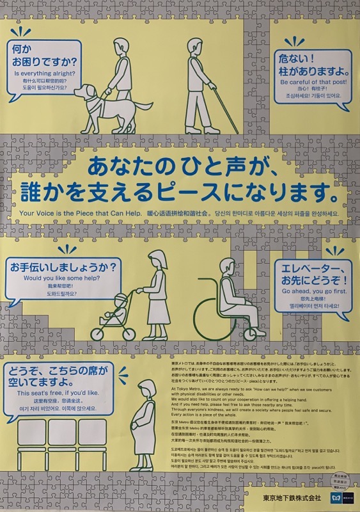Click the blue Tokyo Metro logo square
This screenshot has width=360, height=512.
(336, 497)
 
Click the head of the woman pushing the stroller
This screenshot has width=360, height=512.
(156, 260)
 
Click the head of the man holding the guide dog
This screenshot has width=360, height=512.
(120, 47)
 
